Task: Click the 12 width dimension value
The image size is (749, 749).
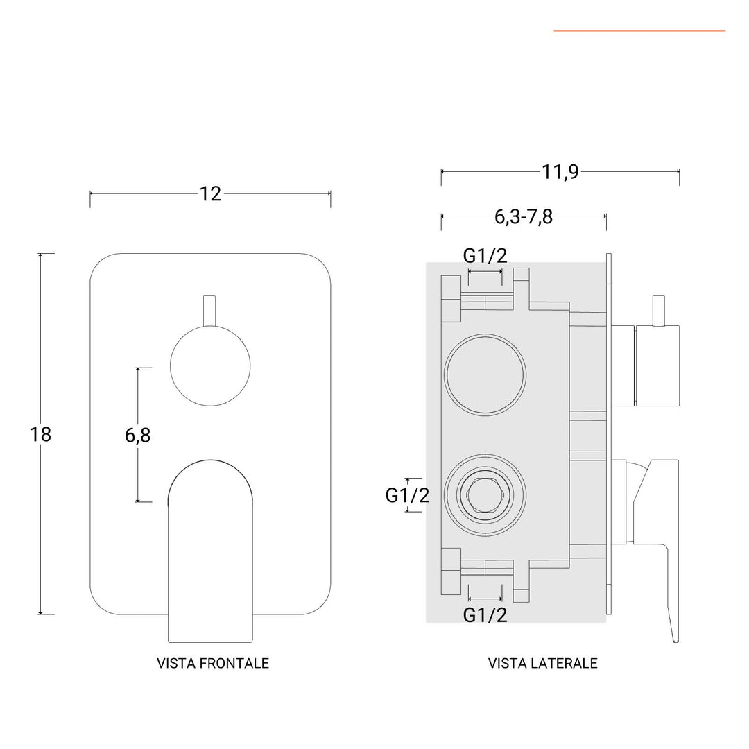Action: click(x=210, y=194)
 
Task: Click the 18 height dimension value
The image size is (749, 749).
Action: click(x=41, y=435)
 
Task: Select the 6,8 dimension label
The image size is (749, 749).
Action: click(x=138, y=436)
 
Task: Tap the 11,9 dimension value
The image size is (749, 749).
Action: click(x=560, y=172)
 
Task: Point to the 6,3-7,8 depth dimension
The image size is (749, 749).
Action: click(x=524, y=217)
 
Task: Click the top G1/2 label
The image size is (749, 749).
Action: click(x=485, y=256)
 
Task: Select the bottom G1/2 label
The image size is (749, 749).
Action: click(x=485, y=614)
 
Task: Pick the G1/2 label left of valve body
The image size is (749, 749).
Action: click(x=407, y=495)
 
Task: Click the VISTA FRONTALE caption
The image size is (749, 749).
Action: click(x=213, y=664)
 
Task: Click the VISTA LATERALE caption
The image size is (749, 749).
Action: click(x=542, y=664)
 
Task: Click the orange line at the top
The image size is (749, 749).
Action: click(x=639, y=31)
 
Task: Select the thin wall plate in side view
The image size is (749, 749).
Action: click(x=609, y=435)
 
